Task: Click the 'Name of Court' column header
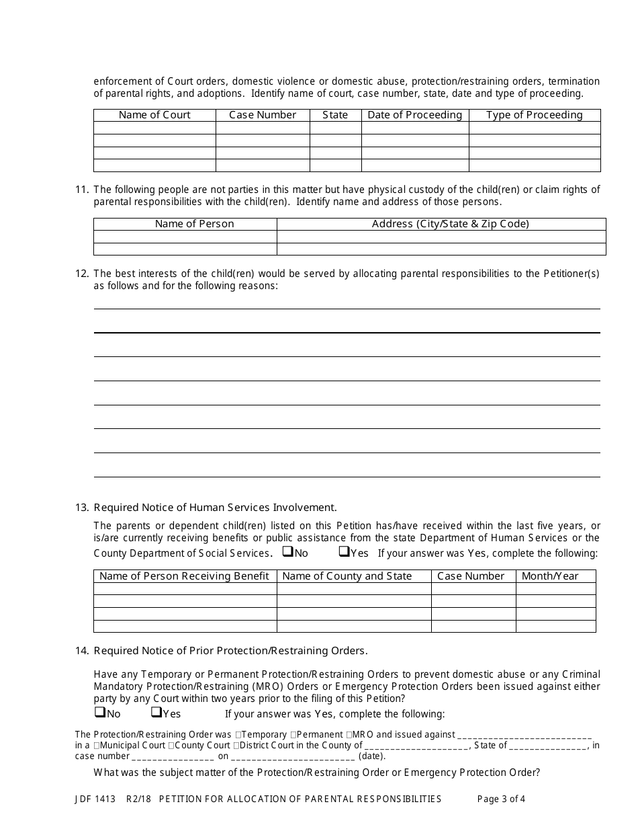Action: [154, 115]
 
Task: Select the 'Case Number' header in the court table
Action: [263, 115]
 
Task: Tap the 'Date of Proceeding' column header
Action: [414, 115]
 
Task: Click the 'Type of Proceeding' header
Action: [534, 115]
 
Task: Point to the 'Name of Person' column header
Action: [194, 224]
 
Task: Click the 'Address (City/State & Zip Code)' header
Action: [450, 224]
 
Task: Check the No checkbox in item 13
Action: [287, 552]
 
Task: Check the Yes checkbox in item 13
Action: [344, 552]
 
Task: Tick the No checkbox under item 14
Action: [99, 712]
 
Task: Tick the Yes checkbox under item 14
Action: [156, 712]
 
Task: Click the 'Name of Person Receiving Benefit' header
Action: [184, 576]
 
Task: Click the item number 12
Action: [81, 273]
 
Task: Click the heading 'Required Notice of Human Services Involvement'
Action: [215, 508]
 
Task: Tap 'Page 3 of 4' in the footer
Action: [501, 799]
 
